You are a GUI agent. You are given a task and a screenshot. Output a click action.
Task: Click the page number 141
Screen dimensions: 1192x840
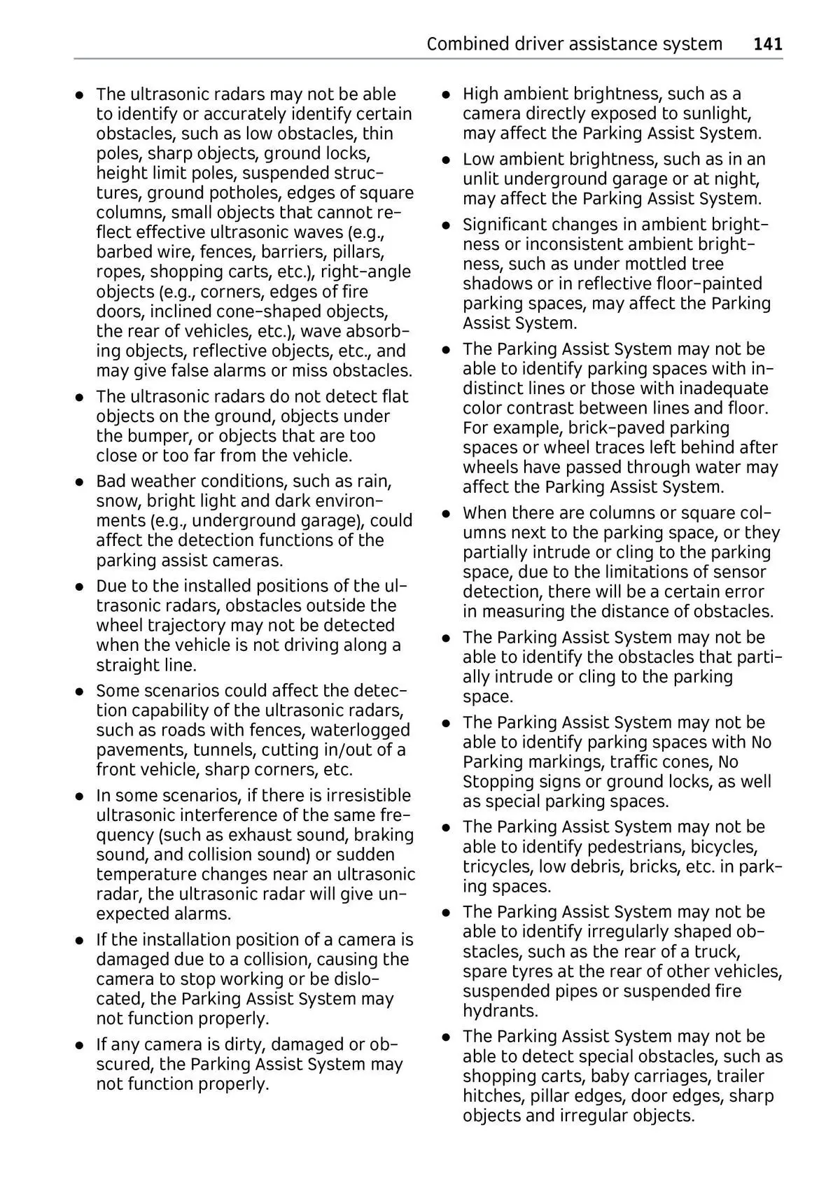[768, 44]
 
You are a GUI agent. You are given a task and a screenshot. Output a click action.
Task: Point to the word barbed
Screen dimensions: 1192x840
[125, 252]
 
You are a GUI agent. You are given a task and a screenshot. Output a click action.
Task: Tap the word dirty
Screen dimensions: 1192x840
[243, 1045]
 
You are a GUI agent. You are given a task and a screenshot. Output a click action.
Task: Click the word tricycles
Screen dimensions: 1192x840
[498, 867]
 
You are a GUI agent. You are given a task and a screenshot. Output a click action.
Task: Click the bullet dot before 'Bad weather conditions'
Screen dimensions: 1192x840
[81, 482]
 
